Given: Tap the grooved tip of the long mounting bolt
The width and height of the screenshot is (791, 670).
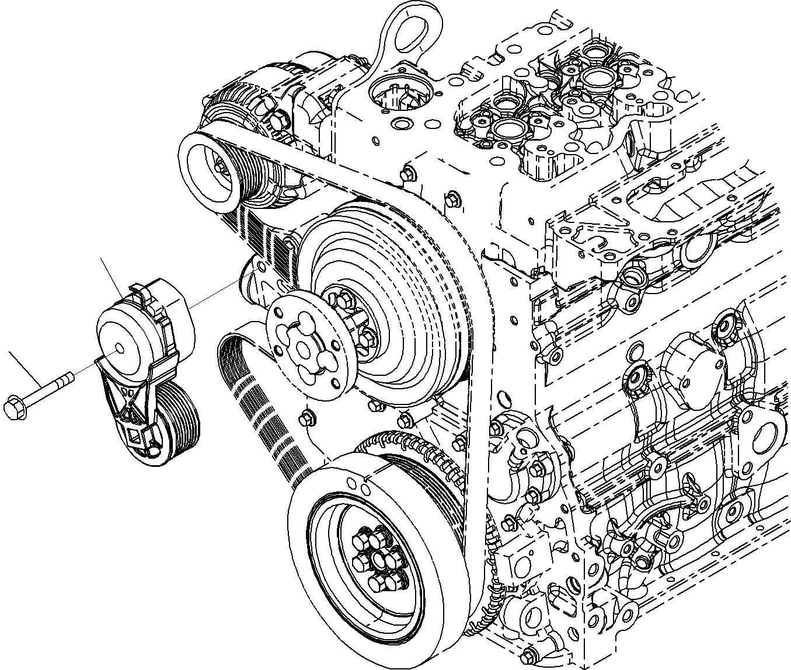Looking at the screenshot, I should (x=68, y=378).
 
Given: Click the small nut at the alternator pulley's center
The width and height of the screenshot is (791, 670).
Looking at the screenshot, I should (x=220, y=167).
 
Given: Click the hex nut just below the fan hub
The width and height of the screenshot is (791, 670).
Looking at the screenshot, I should (x=308, y=418).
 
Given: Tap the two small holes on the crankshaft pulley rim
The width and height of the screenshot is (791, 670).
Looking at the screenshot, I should (x=358, y=486).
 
